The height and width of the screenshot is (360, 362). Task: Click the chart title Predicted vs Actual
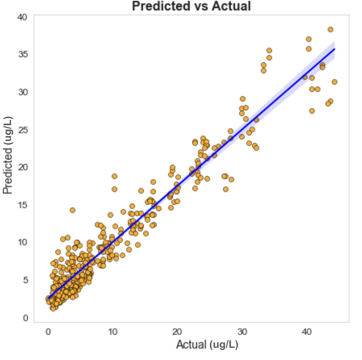click(191, 6)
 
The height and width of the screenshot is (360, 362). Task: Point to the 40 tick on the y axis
click(23, 17)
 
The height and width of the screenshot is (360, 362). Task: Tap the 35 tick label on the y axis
click(23, 54)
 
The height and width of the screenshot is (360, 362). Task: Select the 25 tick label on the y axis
click(23, 130)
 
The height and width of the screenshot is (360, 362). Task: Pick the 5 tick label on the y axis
click(25, 280)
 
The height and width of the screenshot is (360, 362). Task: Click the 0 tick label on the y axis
click(25, 318)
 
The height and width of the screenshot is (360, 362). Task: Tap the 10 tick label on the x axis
click(113, 331)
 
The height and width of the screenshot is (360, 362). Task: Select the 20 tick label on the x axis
click(178, 331)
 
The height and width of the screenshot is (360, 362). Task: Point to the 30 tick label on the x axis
click(242, 331)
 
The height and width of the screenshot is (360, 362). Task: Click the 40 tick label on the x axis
click(307, 331)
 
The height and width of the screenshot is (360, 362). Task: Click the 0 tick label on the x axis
click(48, 331)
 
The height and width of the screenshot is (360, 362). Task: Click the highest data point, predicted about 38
click(330, 30)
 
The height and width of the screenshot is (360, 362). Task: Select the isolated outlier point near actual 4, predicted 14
click(73, 210)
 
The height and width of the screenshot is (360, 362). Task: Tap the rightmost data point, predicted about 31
click(335, 82)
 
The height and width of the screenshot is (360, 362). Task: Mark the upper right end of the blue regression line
click(334, 49)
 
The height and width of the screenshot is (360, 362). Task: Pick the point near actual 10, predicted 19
click(114, 176)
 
